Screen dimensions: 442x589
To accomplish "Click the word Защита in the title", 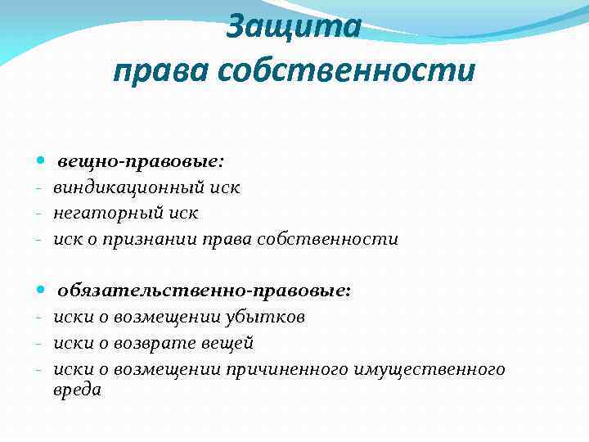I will [294, 28].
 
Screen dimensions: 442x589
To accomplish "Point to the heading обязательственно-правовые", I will [204, 290].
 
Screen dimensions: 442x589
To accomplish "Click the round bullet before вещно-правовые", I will [42, 162].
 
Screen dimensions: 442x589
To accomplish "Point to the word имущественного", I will [430, 368].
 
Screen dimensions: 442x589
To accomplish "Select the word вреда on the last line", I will [77, 390].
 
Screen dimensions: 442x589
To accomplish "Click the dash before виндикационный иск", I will [38, 188].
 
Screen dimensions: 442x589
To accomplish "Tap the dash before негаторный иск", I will [38, 214].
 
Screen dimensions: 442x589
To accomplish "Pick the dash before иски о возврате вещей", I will [38, 343].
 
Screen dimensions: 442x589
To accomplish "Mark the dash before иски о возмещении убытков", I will [38, 318].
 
